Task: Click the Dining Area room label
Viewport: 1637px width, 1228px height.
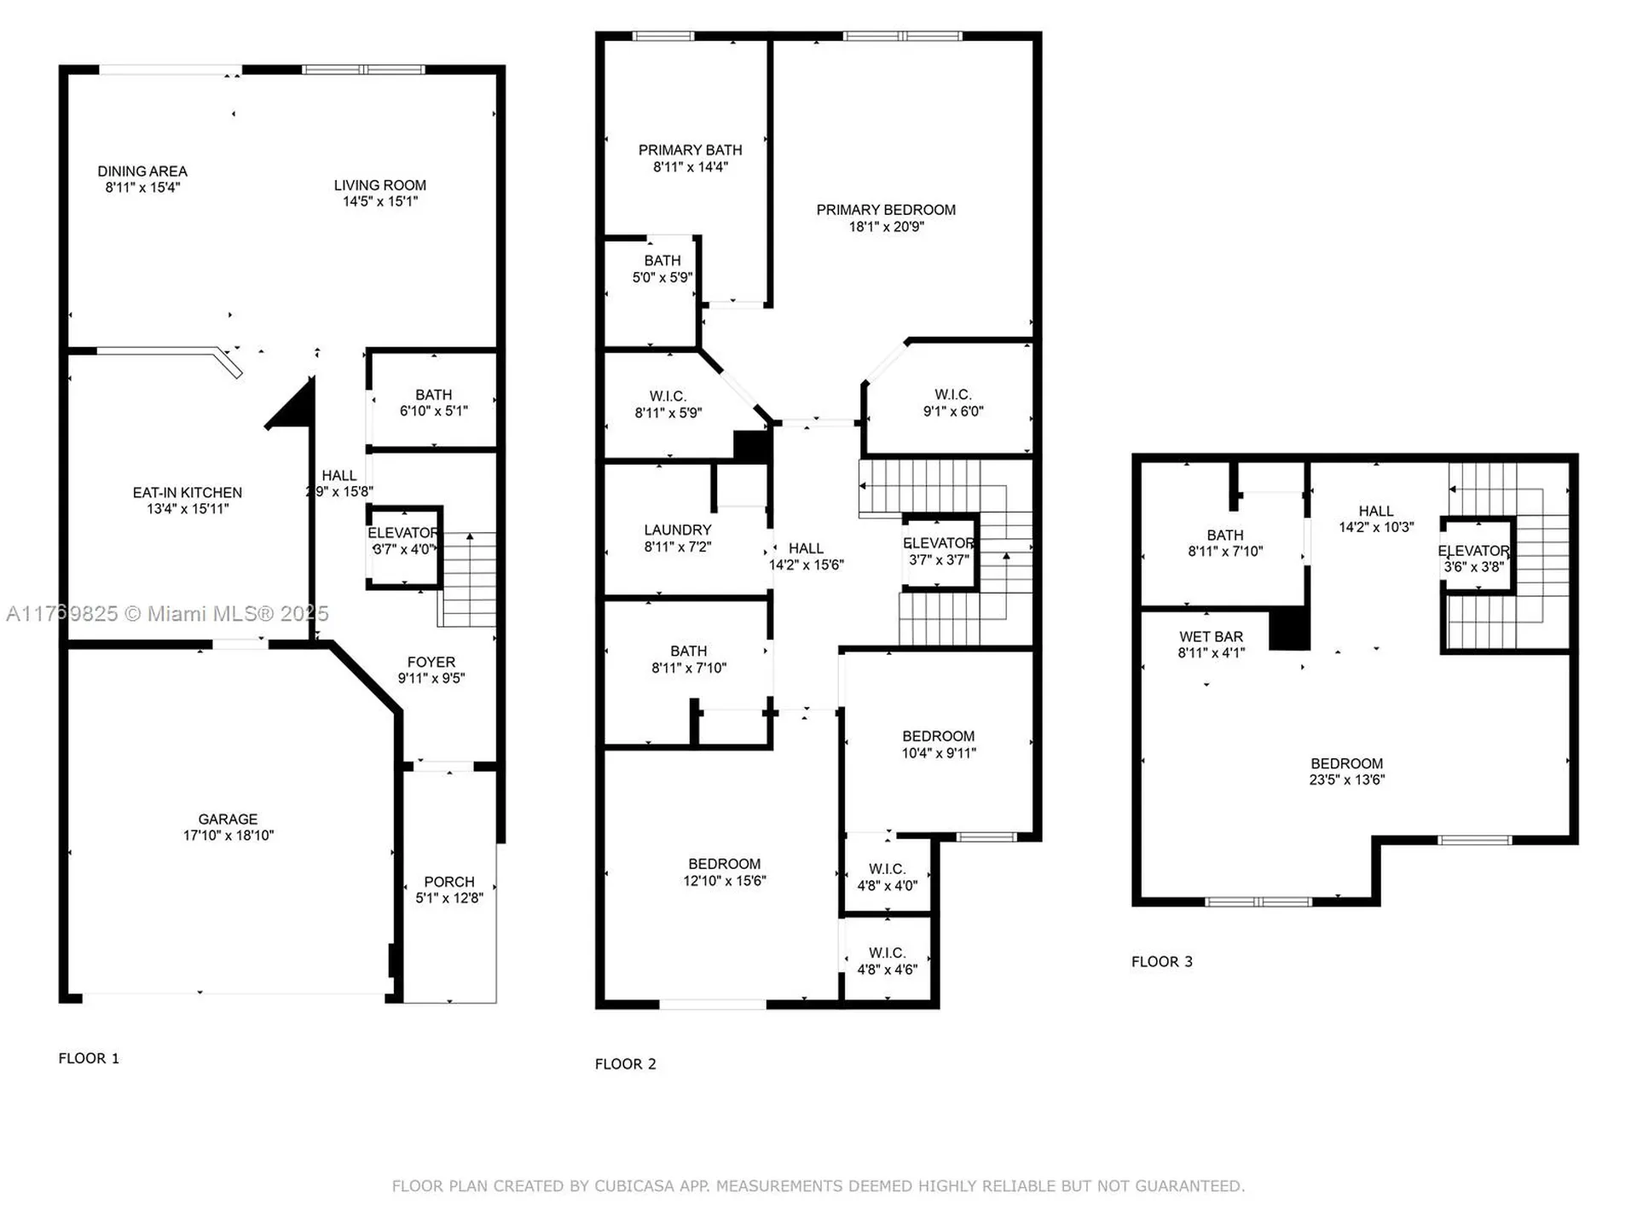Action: click(x=142, y=171)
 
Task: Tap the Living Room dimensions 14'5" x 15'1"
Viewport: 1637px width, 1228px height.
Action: click(x=380, y=202)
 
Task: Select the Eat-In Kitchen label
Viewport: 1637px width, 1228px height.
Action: click(x=188, y=493)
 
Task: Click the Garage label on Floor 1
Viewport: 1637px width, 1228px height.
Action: click(x=228, y=820)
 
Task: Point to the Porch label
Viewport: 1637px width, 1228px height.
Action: click(x=449, y=882)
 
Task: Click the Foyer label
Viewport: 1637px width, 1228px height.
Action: click(x=431, y=663)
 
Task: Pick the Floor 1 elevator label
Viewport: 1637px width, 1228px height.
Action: click(x=402, y=533)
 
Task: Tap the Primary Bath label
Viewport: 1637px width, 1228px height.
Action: click(x=690, y=150)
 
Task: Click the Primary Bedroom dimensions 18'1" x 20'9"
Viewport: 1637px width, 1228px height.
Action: click(x=886, y=227)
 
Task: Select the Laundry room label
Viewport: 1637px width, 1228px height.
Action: click(x=678, y=530)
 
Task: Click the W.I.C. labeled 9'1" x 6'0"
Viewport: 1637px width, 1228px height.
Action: click(x=952, y=403)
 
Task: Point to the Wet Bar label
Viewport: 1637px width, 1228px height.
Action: click(x=1211, y=637)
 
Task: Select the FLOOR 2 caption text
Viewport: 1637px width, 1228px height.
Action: click(x=625, y=1064)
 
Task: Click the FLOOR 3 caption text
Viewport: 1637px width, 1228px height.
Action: click(x=1161, y=962)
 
